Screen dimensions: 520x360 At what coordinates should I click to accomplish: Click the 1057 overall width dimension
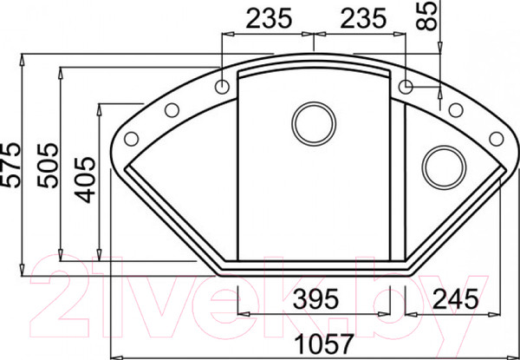click(323, 344)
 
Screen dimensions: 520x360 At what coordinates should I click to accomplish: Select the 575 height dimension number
click(10, 165)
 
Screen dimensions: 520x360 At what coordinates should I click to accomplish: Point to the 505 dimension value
click(48, 165)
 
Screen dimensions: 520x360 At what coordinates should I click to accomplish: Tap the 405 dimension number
click(85, 180)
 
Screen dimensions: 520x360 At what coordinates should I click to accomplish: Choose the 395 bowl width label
click(316, 298)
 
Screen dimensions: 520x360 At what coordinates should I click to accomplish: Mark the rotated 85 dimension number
click(427, 16)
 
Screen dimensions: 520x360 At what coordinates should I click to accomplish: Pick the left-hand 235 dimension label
click(269, 18)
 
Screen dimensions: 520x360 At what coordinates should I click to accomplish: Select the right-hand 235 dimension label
click(363, 18)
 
